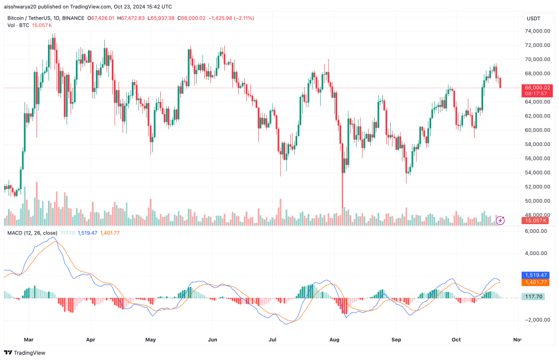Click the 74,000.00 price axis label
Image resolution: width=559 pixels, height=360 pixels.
[x=537, y=45]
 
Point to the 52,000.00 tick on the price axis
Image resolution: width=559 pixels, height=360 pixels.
[x=537, y=187]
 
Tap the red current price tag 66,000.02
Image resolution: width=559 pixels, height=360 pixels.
[x=537, y=87]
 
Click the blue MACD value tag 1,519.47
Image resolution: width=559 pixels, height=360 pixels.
[x=537, y=275]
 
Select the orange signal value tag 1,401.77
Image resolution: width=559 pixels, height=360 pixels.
[x=537, y=282]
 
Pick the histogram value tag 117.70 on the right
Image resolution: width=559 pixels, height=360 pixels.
[x=535, y=296]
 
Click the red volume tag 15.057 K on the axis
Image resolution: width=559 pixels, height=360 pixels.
[x=537, y=220]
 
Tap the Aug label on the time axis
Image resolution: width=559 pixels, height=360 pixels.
[x=335, y=339]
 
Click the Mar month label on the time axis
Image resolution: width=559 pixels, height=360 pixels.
[x=29, y=339]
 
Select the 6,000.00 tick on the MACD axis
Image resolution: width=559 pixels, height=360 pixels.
[x=537, y=231]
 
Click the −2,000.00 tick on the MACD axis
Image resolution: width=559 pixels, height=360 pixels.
[x=536, y=319]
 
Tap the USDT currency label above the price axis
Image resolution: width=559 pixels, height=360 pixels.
[x=533, y=18]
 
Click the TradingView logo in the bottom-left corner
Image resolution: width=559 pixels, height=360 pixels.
[x=29, y=353]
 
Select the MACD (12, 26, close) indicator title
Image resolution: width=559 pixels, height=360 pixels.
[x=32, y=233]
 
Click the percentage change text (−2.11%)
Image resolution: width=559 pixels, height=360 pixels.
[x=242, y=18]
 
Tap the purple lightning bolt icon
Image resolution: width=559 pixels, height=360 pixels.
[x=500, y=220]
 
